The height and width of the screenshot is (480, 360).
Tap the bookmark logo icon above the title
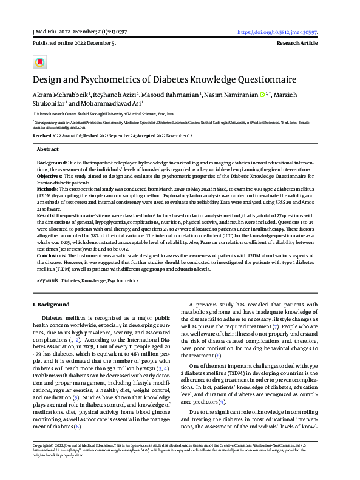39,62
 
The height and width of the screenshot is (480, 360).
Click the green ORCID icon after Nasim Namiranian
262,95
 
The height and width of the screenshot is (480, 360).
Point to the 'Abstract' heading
48,149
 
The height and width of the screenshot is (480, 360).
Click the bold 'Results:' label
47,215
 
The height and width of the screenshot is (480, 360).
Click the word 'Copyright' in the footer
42,463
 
